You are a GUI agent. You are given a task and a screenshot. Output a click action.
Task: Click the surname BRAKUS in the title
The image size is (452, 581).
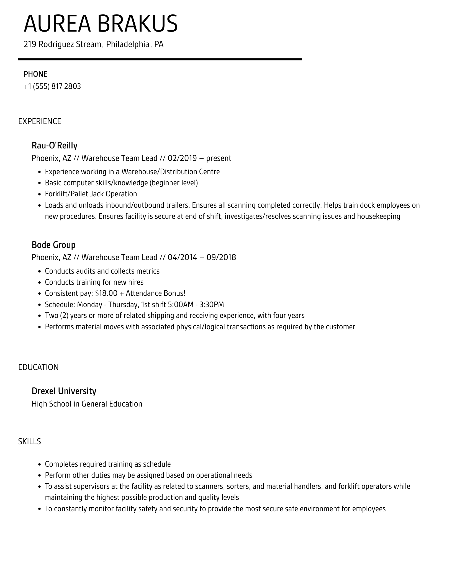pyautogui.click(x=137, y=24)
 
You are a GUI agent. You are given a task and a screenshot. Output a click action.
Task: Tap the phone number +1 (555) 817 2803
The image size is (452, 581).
pyautogui.click(x=52, y=86)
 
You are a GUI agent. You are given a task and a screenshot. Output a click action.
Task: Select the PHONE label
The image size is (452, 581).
pyautogui.click(x=35, y=74)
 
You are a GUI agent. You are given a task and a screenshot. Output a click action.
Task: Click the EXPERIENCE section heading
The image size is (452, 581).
pyautogui.click(x=40, y=121)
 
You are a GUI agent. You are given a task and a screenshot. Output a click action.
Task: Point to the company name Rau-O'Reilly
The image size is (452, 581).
pyautogui.click(x=55, y=145)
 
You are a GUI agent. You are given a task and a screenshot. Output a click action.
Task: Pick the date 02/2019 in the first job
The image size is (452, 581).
pyautogui.click(x=182, y=158)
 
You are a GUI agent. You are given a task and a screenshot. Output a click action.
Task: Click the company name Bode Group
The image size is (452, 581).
pyautogui.click(x=53, y=245)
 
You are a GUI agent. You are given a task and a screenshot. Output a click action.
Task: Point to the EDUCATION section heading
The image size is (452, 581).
pyautogui.click(x=38, y=367)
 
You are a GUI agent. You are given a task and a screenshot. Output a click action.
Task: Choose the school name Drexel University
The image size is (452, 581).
pyautogui.click(x=64, y=391)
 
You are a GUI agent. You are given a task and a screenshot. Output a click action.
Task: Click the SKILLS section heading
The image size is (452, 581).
pyautogui.click(x=29, y=441)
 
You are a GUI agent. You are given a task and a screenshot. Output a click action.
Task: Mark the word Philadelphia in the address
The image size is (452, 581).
pyautogui.click(x=128, y=44)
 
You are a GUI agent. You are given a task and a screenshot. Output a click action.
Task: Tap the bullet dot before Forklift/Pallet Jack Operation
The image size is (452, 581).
pyautogui.click(x=40, y=194)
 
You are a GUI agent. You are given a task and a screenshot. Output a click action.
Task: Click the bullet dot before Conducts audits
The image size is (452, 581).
pyautogui.click(x=40, y=271)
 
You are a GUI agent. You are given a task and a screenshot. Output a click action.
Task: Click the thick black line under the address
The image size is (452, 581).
pyautogui.click(x=160, y=59)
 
